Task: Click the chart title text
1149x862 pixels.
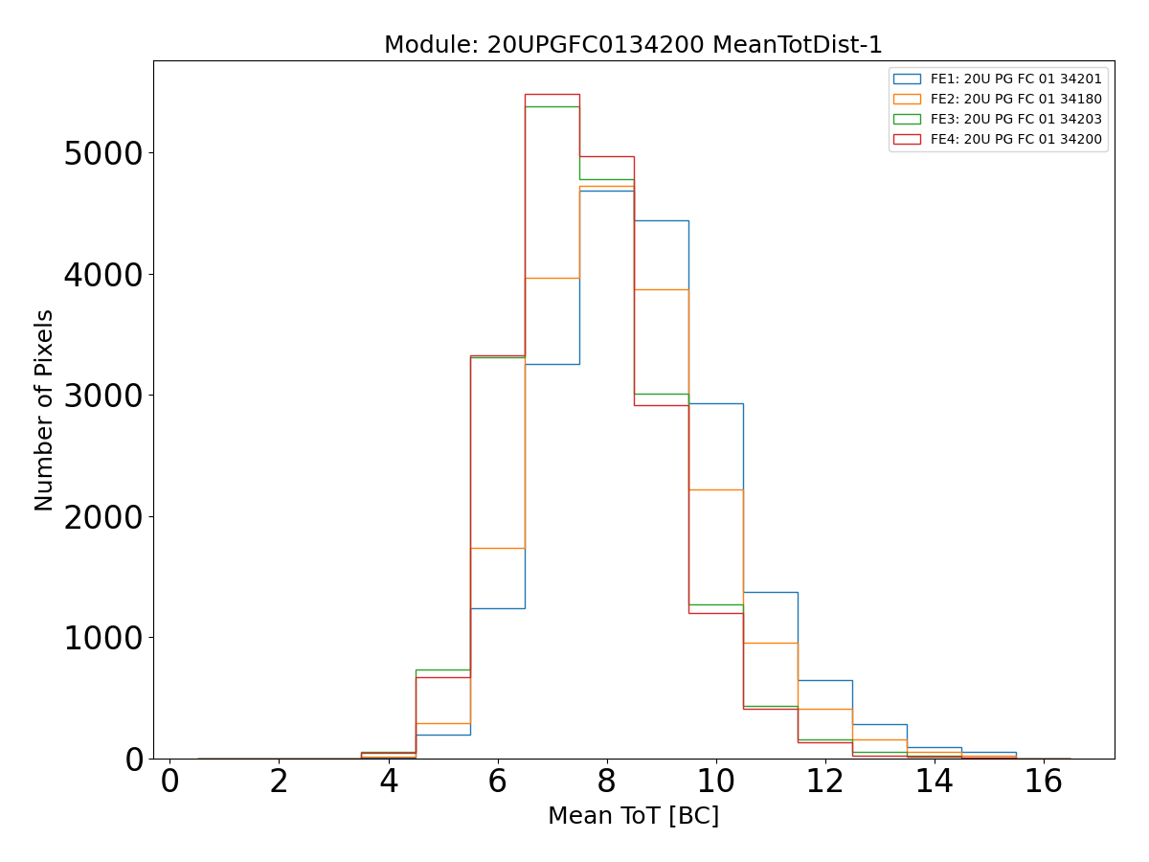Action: click(633, 45)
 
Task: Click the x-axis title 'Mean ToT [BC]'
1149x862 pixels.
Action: click(633, 816)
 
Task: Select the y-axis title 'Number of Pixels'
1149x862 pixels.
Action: click(45, 410)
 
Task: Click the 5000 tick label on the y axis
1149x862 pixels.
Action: click(102, 153)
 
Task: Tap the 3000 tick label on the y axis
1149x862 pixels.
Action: click(102, 396)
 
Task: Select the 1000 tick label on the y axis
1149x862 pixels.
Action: click(102, 638)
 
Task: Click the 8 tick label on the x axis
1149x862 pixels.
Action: click(606, 782)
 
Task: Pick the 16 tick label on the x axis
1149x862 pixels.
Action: click(1044, 782)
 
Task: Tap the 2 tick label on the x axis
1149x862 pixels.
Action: click(279, 782)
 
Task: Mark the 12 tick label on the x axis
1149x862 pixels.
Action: click(824, 782)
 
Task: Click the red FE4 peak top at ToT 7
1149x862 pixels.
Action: click(552, 94)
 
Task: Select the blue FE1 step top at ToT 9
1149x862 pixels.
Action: click(661, 220)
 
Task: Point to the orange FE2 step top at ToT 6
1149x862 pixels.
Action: click(497, 548)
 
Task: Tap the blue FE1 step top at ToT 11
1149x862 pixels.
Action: click(770, 592)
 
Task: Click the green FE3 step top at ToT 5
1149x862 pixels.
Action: click(442, 669)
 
